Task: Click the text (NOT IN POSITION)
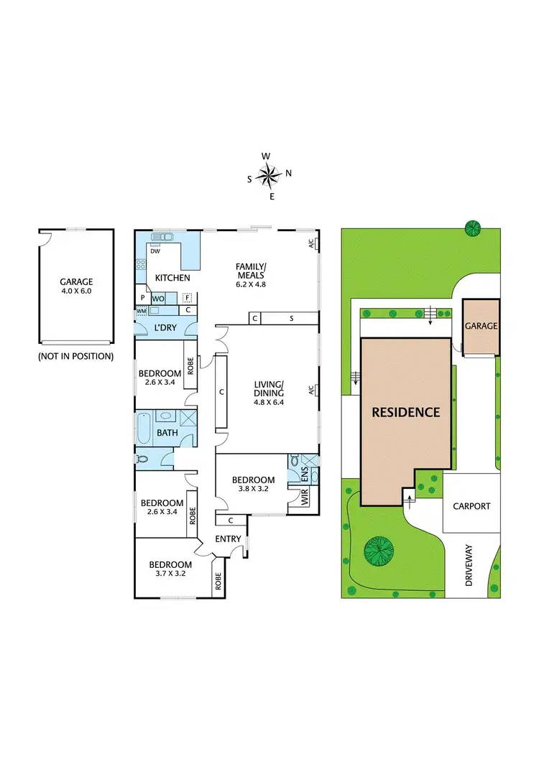(75, 356)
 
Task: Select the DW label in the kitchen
(155, 251)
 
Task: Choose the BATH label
(167, 433)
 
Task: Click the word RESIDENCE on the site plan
(405, 412)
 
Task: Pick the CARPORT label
(471, 506)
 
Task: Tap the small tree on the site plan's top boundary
(473, 229)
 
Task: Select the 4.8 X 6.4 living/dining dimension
(269, 402)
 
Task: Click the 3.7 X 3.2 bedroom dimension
(170, 574)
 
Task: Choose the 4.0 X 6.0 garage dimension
(75, 291)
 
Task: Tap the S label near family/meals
(291, 318)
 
